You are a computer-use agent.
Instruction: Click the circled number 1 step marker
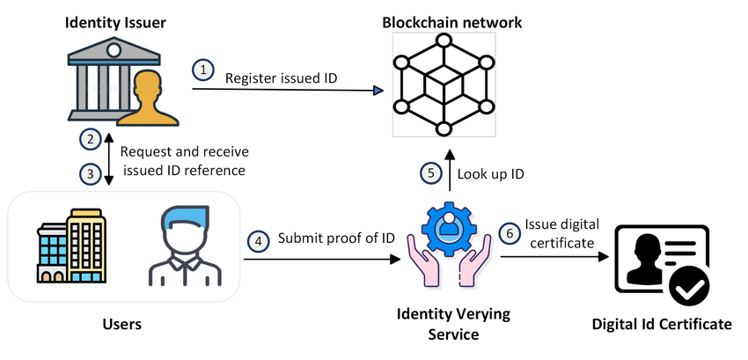tap(203, 69)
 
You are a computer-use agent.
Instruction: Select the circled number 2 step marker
tap(89, 138)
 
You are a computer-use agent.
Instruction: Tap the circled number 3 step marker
tap(89, 173)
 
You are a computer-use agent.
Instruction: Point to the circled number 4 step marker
tap(258, 239)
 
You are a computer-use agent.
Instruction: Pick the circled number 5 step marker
tap(430, 173)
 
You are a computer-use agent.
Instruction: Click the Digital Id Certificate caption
tap(661, 325)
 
